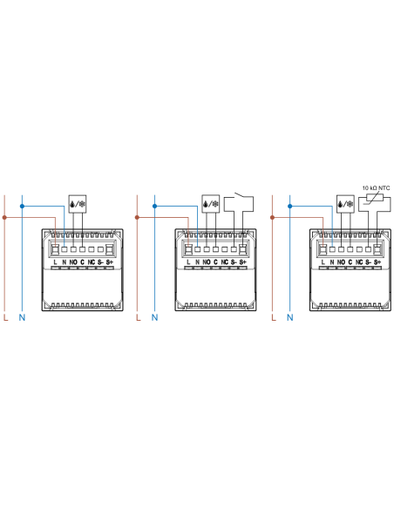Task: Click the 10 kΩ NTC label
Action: (x=376, y=188)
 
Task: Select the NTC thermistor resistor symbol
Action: (x=375, y=198)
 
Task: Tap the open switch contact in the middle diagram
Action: (x=239, y=195)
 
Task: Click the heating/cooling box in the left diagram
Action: (x=78, y=204)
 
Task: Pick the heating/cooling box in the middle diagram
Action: (x=211, y=204)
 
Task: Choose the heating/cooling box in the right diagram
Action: (x=345, y=204)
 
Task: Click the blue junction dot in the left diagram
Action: (x=22, y=207)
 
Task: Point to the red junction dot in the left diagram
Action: (x=4, y=218)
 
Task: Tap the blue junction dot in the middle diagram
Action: (x=155, y=207)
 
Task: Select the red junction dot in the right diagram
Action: (x=272, y=218)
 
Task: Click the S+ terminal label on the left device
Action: (x=109, y=262)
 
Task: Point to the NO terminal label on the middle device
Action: (x=207, y=262)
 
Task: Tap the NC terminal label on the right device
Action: (x=359, y=262)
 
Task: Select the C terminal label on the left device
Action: (x=83, y=262)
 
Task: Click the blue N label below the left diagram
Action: (x=22, y=317)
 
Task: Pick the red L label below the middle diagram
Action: (x=139, y=317)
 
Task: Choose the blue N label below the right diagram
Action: (x=290, y=317)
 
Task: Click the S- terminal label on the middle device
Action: (x=234, y=262)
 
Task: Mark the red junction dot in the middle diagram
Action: (x=137, y=218)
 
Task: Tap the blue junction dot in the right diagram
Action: (x=290, y=207)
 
